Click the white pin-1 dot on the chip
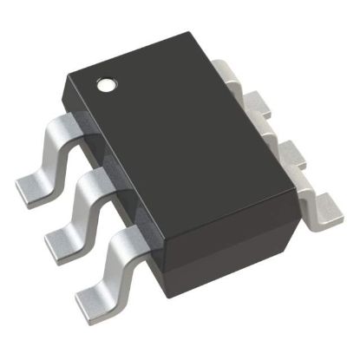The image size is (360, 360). coord(108,85)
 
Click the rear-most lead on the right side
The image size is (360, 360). coord(227,73)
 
